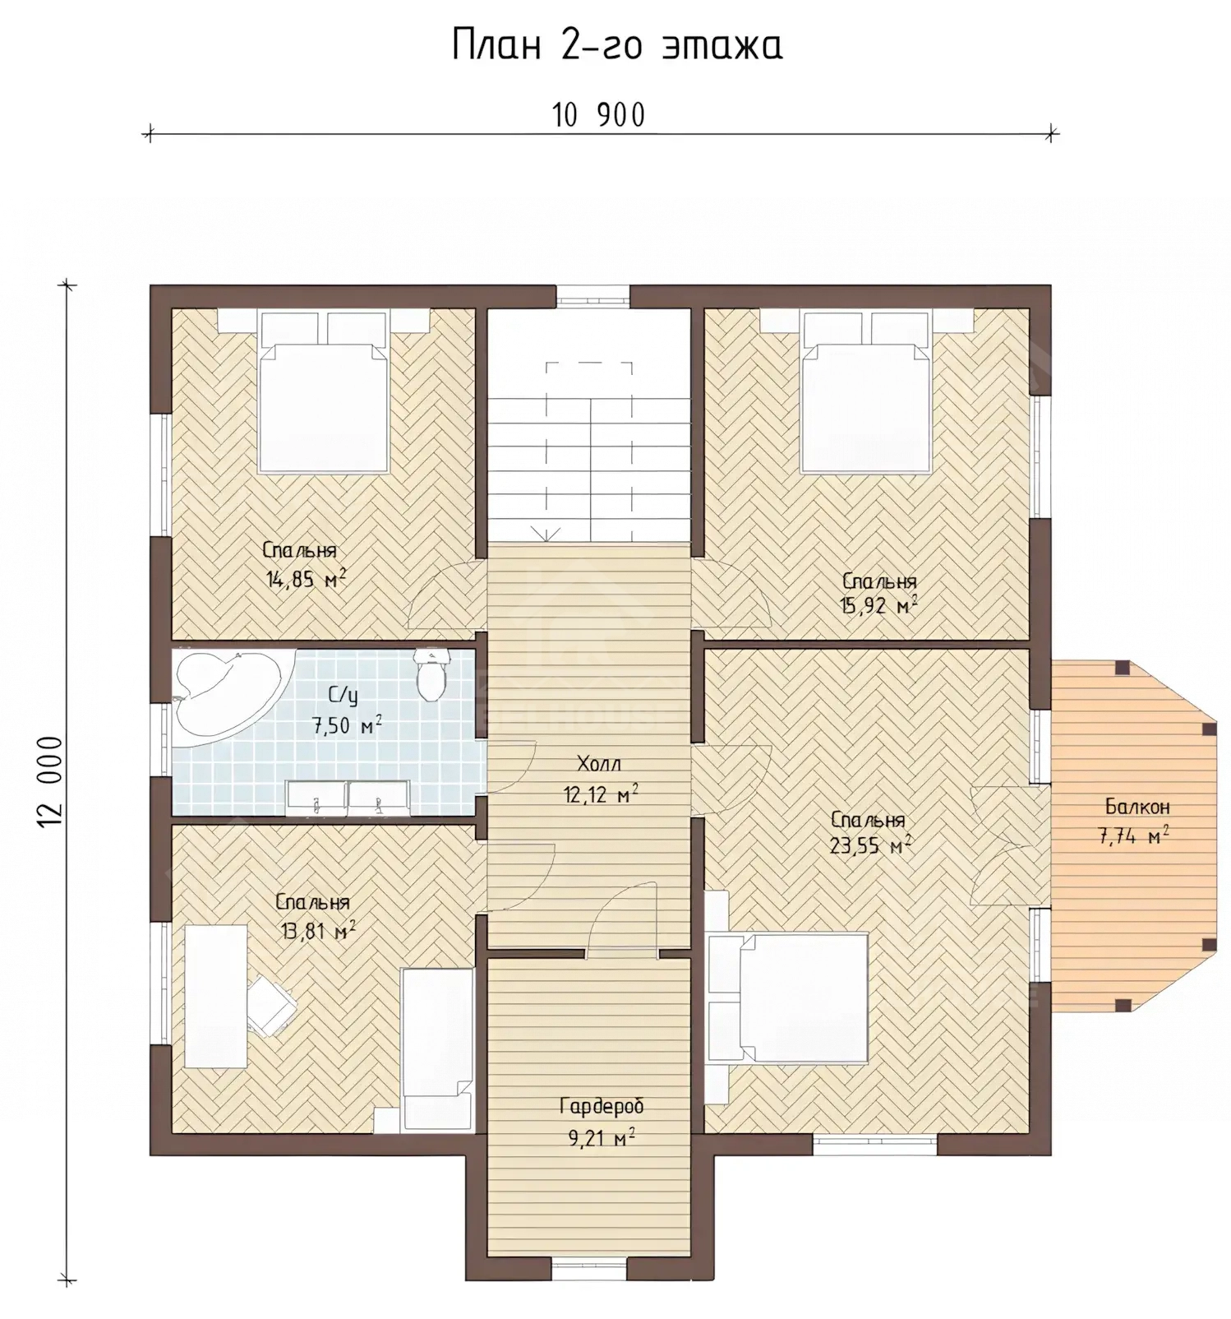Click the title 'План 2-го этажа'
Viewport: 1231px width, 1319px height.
pyautogui.click(x=616, y=47)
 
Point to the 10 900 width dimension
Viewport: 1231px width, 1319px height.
pyautogui.click(x=599, y=116)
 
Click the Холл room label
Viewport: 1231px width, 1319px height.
pyautogui.click(x=600, y=764)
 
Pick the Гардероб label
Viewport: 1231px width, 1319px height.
pyautogui.click(x=601, y=1107)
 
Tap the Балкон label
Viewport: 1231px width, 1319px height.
pyautogui.click(x=1137, y=807)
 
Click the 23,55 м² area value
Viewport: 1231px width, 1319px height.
pyautogui.click(x=870, y=846)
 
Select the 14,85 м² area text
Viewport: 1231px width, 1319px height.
pyautogui.click(x=306, y=579)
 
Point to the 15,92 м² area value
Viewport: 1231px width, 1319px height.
pyautogui.click(x=877, y=607)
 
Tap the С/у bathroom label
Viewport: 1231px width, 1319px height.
pyautogui.click(x=343, y=696)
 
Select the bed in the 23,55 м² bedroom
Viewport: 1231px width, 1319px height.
pyautogui.click(x=788, y=997)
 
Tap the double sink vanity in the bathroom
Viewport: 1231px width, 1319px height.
pyautogui.click(x=348, y=798)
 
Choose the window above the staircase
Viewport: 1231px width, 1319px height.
pyautogui.click(x=594, y=296)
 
